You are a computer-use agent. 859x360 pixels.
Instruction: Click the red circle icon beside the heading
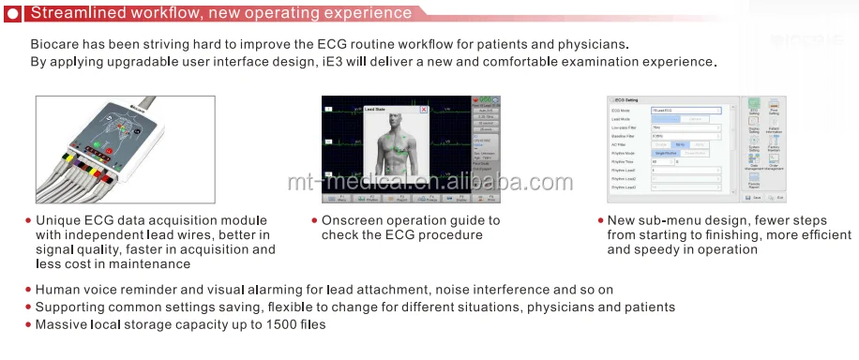point(11,13)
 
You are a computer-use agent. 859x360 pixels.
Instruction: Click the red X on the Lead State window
point(423,110)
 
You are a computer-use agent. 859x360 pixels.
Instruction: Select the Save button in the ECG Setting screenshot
point(754,198)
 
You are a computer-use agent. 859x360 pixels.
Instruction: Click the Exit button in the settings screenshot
point(776,198)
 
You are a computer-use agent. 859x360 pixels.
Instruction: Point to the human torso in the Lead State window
point(386,150)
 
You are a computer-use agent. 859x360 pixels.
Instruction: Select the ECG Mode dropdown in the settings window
point(686,110)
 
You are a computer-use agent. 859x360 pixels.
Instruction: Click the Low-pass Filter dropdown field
point(686,127)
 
